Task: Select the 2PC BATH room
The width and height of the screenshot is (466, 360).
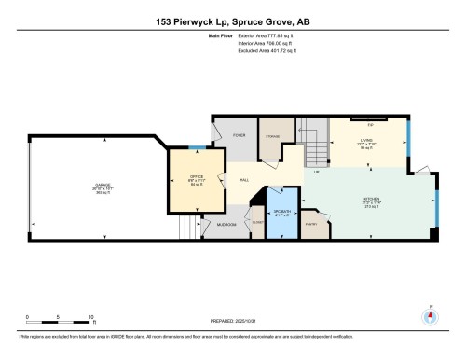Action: coord(281,214)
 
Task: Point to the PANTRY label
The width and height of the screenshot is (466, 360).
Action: coord(311,223)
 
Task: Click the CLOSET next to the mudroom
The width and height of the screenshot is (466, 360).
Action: coord(255,222)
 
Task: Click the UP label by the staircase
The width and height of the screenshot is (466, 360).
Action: coord(316,173)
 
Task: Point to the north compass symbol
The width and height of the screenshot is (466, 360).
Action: coord(430,316)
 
